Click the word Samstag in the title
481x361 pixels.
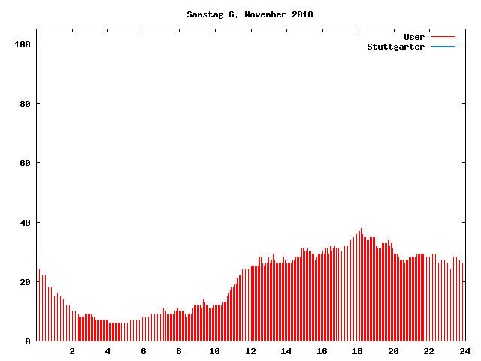(204, 14)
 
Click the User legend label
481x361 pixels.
(414, 37)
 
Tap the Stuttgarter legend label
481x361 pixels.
(395, 47)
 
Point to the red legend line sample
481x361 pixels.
(443, 37)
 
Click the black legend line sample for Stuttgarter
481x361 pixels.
(443, 47)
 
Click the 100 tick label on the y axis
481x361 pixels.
(22, 44)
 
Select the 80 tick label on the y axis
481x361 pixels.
(24, 104)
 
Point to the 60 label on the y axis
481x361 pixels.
(24, 163)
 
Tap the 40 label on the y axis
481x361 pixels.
(24, 223)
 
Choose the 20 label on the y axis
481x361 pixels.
(24, 282)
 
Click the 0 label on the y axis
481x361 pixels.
(27, 341)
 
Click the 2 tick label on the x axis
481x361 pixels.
(72, 351)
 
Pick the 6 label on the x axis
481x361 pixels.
(144, 351)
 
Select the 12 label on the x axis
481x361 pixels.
(250, 351)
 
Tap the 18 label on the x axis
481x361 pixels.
(357, 351)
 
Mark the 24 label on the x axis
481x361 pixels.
(464, 351)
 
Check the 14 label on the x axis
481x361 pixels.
(286, 351)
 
